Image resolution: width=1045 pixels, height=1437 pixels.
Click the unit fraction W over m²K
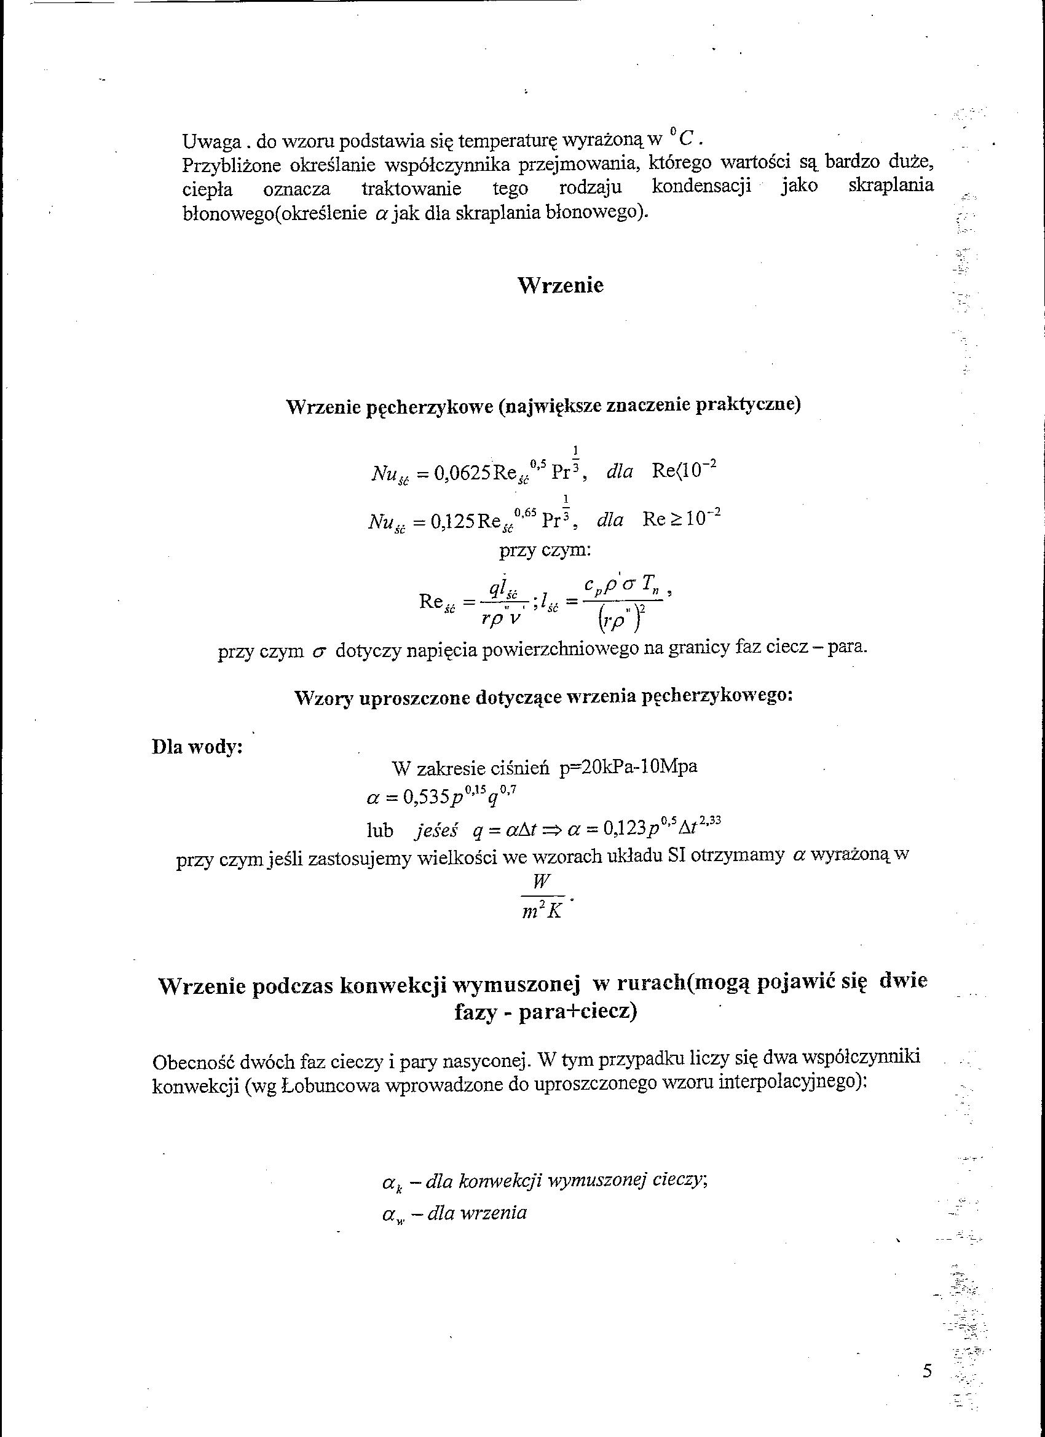(542, 898)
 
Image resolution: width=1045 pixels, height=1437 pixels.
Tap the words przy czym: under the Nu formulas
(545, 551)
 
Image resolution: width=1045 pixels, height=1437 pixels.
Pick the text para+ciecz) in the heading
(577, 1012)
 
